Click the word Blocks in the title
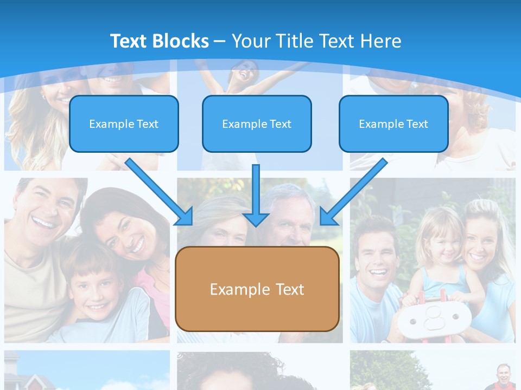click(x=180, y=41)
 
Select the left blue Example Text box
click(x=124, y=124)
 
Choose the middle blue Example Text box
click(x=257, y=124)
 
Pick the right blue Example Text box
click(x=393, y=124)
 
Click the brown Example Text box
click(x=257, y=289)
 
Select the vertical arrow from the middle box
click(x=256, y=195)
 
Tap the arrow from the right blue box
click(x=353, y=192)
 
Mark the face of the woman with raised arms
click(x=242, y=70)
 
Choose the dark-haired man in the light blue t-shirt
click(x=380, y=255)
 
